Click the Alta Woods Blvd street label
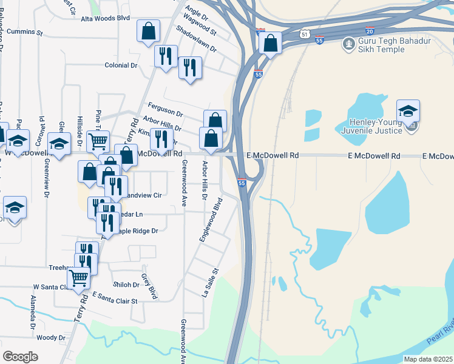106,19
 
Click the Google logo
20,357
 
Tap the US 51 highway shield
304,35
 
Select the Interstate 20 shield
370,30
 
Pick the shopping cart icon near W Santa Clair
79,278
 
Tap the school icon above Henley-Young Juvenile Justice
408,110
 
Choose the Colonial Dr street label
121,65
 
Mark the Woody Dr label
50,338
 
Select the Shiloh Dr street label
126,285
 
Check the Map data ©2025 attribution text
428,359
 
